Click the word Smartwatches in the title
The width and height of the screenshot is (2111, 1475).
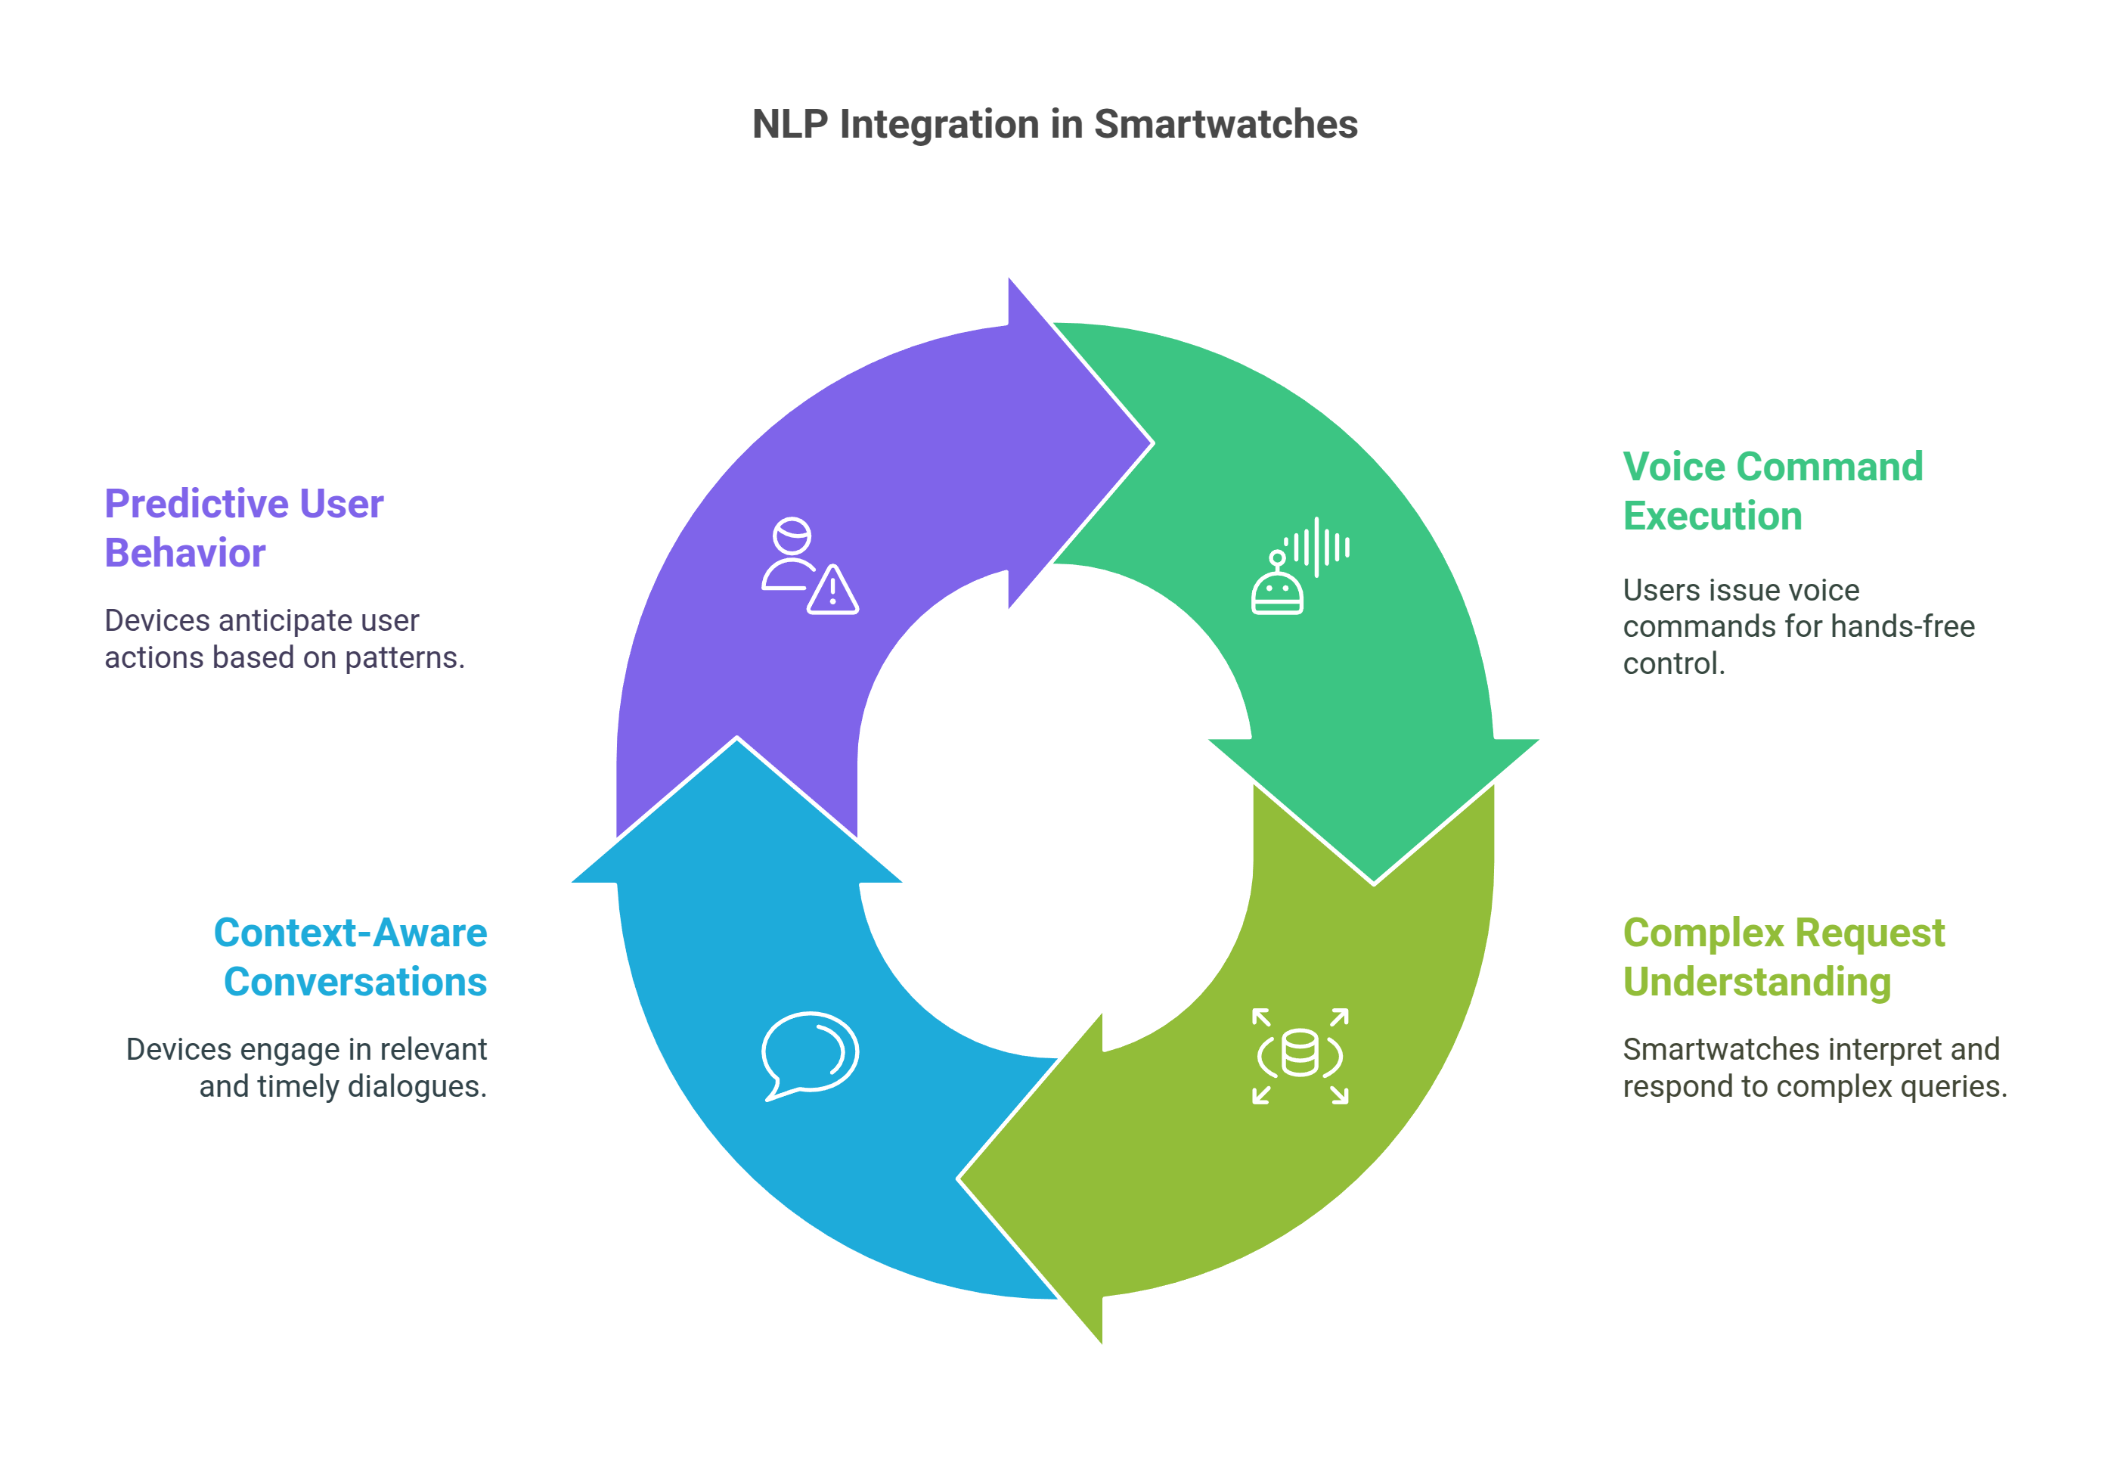click(x=1225, y=124)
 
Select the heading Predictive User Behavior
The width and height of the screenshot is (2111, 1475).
click(x=243, y=528)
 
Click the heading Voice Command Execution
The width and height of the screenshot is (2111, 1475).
click(x=1772, y=491)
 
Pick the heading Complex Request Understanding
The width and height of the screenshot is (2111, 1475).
click(x=1783, y=956)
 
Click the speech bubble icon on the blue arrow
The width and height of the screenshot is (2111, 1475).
click(x=809, y=1054)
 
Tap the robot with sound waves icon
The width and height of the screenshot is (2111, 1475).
click(x=1299, y=566)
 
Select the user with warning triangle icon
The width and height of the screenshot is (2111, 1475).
click(x=809, y=566)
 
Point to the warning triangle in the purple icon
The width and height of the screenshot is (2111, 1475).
click(x=832, y=592)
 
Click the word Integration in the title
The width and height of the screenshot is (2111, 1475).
click(x=939, y=124)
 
